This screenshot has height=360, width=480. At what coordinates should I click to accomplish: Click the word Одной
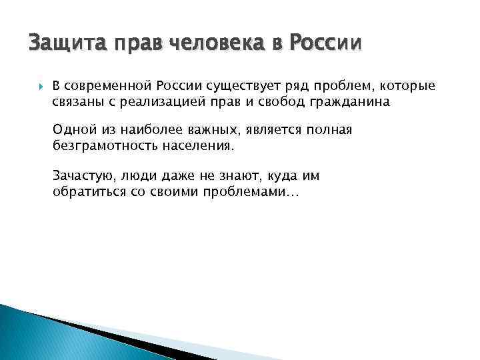coord(70,129)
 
